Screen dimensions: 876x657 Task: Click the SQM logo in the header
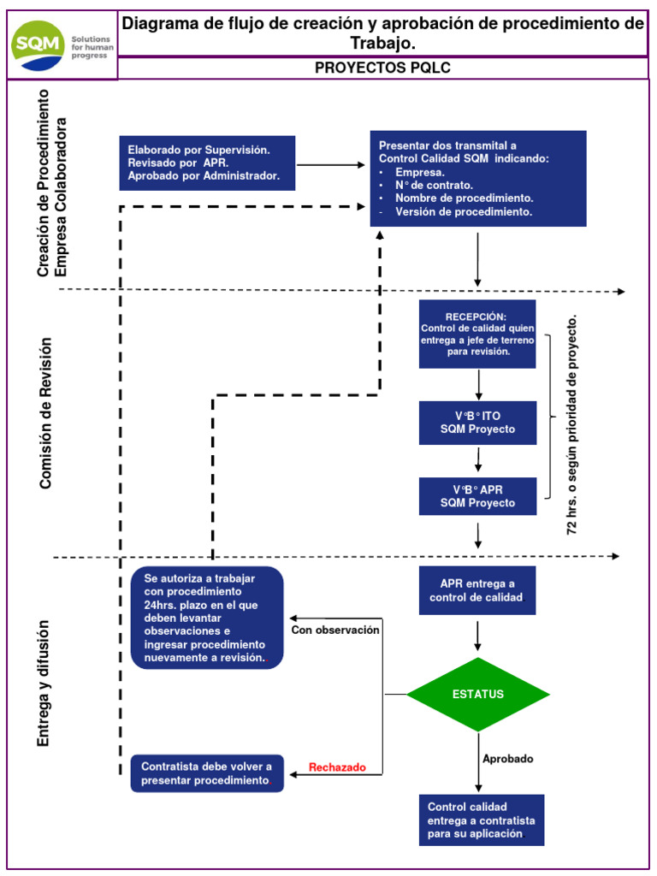61,44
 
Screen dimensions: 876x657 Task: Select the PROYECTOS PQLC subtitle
382,68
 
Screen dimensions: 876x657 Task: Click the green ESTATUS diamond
477,694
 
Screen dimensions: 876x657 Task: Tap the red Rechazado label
337,767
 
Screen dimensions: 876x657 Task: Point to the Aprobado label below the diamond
508,759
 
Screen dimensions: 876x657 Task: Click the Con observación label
334,630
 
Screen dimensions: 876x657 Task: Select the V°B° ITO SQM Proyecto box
477,423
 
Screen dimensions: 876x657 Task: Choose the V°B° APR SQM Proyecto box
477,496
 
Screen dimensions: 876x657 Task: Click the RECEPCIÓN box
477,334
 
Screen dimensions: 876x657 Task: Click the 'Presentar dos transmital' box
477,179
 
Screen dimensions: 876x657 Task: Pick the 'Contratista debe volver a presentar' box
206,774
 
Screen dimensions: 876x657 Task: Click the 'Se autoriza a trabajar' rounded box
206,618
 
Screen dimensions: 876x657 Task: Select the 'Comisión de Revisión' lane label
46,413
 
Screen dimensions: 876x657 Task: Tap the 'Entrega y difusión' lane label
44,683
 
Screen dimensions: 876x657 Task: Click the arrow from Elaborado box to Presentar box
331,165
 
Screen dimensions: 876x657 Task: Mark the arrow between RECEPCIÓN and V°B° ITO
478,384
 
